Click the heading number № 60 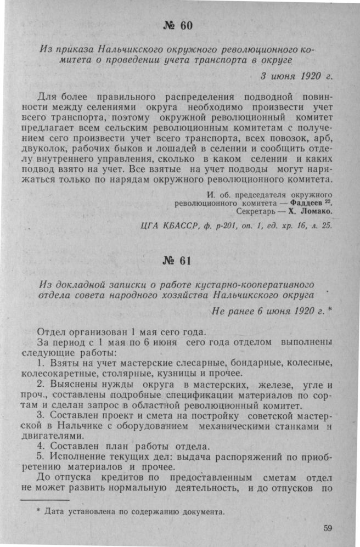179,25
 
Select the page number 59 328,528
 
